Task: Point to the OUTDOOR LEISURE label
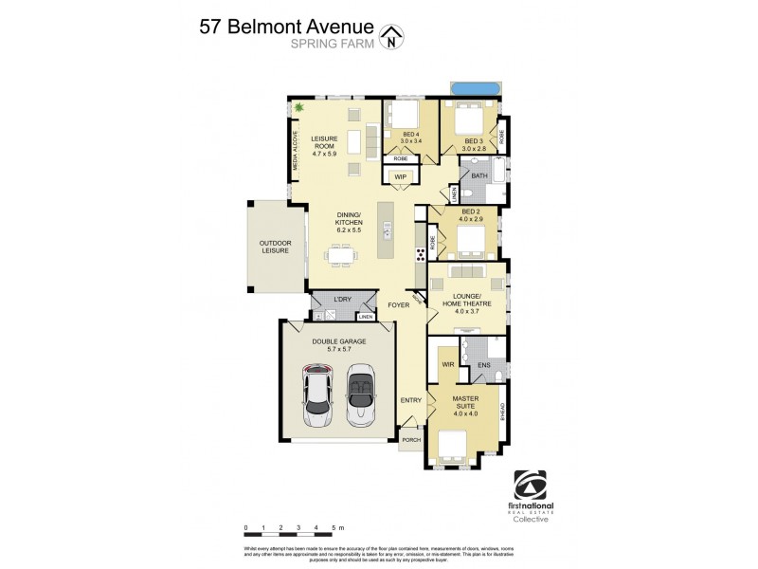point(276,248)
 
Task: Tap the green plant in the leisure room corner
point(299,108)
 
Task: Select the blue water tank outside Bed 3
point(474,89)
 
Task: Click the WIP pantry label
point(400,176)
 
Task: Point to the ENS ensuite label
point(483,364)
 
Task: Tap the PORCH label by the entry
point(411,440)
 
